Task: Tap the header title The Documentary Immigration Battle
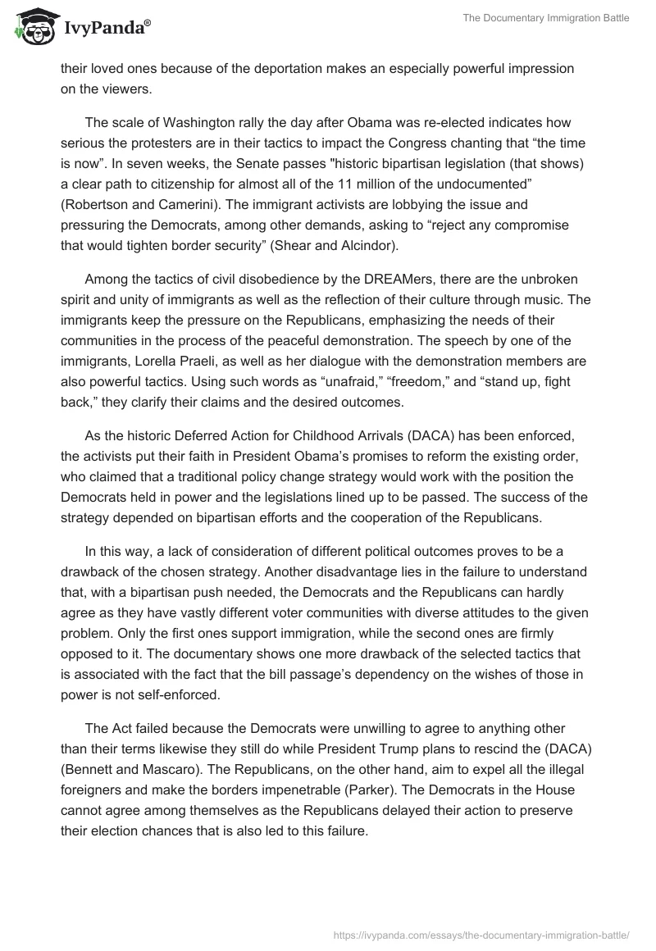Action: coord(550,18)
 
